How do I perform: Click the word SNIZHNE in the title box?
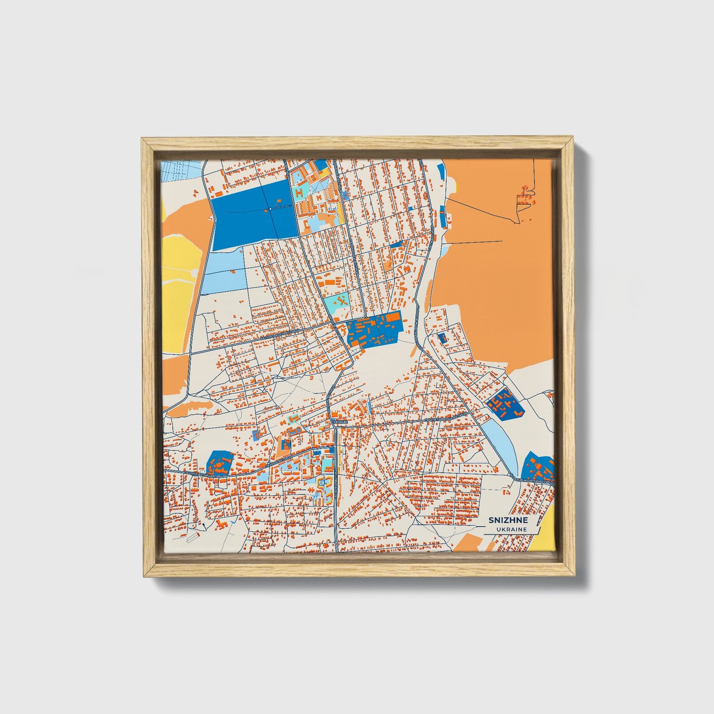pos(508,520)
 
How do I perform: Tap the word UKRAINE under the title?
pos(512,529)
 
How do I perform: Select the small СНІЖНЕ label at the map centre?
pos(340,422)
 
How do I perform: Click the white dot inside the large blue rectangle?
pos(270,209)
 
